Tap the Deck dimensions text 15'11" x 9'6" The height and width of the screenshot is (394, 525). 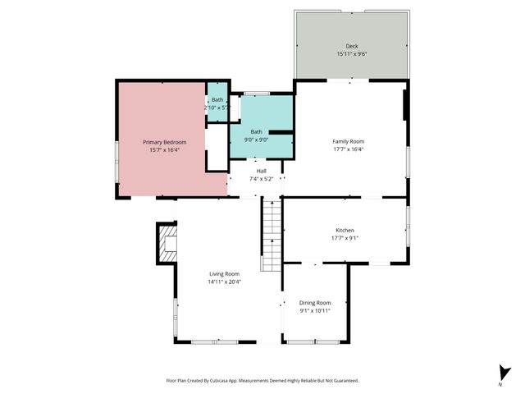click(351, 54)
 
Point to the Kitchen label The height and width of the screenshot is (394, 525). click(345, 231)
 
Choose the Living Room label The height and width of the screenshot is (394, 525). click(224, 274)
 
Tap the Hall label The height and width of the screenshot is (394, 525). click(261, 171)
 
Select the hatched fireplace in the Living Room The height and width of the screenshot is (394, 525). click(167, 244)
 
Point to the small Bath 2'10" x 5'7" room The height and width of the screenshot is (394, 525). click(217, 103)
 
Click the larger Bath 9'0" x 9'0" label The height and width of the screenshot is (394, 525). click(257, 131)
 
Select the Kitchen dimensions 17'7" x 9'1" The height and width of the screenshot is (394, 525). click(345, 239)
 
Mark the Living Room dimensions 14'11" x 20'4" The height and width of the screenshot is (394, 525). click(224, 282)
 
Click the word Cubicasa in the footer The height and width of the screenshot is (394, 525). click(217, 381)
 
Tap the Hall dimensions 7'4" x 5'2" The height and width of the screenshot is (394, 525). click(261, 178)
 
